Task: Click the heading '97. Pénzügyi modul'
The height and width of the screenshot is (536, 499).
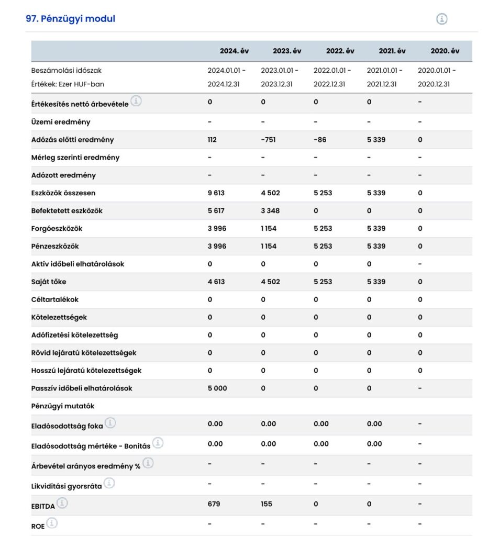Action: coord(70,19)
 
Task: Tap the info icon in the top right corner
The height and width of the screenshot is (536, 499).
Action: coord(442,19)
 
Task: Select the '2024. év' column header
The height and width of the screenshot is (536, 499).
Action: coord(234,51)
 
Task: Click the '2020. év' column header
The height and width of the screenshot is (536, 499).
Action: coord(445,51)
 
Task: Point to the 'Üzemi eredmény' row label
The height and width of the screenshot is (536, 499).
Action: coord(61,122)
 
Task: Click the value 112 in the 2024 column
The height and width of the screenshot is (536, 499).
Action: coord(212,140)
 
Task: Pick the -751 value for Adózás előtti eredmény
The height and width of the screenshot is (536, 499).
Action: coord(268,140)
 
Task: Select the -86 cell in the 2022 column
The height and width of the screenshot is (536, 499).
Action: coord(319,140)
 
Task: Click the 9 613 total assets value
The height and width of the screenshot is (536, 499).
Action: coord(216,193)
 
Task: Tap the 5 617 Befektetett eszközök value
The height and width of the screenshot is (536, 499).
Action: coord(216,211)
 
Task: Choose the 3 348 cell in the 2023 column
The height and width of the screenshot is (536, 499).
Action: coord(270,211)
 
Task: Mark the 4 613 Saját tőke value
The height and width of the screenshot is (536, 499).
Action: coord(216,282)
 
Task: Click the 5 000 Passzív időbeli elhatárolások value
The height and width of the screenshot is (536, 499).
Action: coord(217,388)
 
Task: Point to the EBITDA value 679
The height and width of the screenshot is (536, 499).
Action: coord(214,504)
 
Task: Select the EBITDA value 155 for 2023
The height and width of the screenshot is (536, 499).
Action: coord(267,504)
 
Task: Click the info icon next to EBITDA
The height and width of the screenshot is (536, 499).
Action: coord(62,503)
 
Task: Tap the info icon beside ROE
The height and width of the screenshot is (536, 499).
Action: coord(52,523)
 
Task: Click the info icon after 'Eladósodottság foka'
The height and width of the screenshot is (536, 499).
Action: coord(110,423)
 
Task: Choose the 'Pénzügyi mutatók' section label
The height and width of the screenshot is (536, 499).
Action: coord(63,406)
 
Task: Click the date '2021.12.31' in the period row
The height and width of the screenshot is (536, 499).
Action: coord(381,84)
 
